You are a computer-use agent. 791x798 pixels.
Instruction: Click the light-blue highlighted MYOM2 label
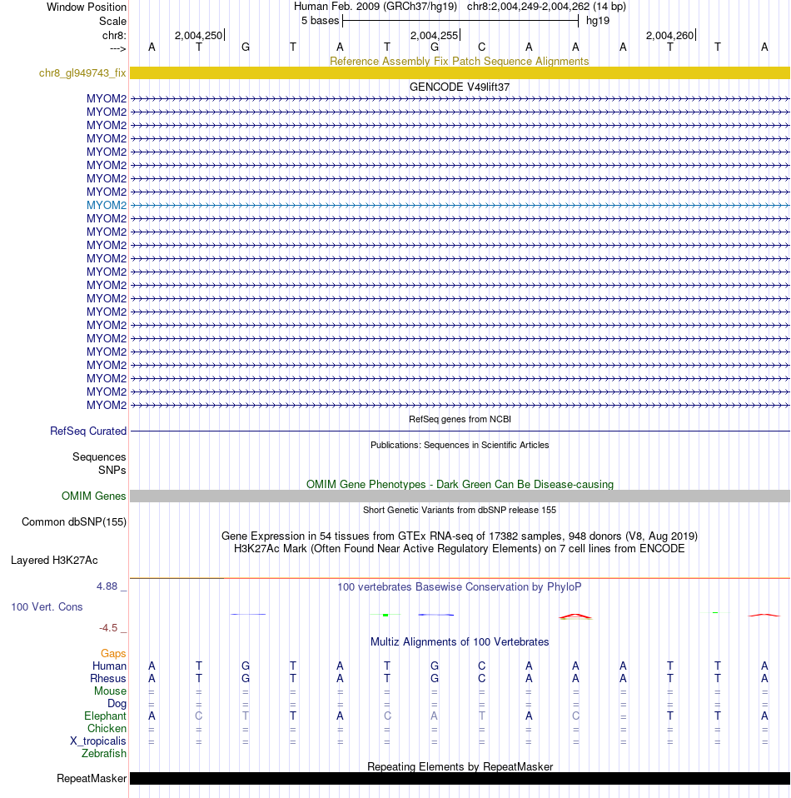107,205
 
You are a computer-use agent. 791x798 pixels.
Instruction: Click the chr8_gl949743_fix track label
82,73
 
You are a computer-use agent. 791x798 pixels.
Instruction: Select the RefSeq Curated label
88,431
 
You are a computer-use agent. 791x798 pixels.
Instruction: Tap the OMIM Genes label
94,496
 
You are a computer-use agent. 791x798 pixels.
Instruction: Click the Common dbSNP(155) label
74,522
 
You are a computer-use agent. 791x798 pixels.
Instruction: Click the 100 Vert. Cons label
47,607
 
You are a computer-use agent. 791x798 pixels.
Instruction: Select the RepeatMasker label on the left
92,779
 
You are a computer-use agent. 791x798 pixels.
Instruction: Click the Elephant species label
106,716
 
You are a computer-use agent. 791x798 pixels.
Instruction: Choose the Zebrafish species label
104,754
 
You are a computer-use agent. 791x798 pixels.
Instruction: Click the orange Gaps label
113,654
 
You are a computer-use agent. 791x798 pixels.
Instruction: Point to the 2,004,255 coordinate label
434,35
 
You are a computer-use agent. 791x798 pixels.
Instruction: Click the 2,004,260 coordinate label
669,35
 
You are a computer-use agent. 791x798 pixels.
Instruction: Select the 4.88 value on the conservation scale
108,586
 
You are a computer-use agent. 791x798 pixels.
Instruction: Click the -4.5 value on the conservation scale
111,628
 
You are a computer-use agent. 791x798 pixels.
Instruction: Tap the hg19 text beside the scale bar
598,20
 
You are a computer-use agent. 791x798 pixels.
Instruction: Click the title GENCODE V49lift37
460,87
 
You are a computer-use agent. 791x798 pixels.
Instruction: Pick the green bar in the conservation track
386,615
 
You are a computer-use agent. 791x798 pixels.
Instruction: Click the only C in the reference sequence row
481,47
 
